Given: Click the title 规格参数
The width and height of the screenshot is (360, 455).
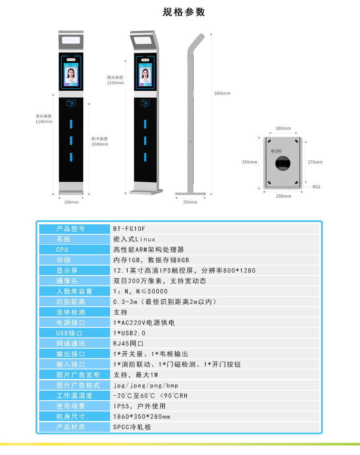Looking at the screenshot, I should click(184, 12).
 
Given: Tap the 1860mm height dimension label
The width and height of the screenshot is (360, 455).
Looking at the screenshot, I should click(222, 93).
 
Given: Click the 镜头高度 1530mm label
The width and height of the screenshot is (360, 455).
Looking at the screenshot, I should click(115, 80).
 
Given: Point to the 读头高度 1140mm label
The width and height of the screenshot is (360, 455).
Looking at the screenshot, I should click(44, 119).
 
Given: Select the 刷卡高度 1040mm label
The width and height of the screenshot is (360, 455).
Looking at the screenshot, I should click(100, 142).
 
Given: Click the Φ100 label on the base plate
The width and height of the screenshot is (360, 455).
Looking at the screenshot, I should click(276, 151).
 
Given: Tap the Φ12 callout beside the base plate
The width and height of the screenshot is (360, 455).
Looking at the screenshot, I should click(316, 187).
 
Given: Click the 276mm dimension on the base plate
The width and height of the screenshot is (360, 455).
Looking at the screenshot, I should click(315, 162).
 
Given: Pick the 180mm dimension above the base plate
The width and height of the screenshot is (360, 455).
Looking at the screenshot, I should click(283, 128).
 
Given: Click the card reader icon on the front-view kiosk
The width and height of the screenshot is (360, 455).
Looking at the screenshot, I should click(71, 102).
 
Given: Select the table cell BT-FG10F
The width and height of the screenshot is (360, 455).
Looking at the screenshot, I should click(129, 229).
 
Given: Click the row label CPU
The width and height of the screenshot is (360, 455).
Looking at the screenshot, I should click(62, 249).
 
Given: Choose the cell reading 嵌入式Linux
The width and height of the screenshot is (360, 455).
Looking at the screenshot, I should click(134, 239).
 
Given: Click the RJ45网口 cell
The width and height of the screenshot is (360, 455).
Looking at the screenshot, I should click(128, 343).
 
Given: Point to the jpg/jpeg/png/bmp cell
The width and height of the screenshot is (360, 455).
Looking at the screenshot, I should click(146, 385).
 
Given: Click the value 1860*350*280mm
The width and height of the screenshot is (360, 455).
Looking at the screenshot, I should click(142, 416).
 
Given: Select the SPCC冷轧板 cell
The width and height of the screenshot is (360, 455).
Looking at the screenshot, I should click(132, 427).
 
